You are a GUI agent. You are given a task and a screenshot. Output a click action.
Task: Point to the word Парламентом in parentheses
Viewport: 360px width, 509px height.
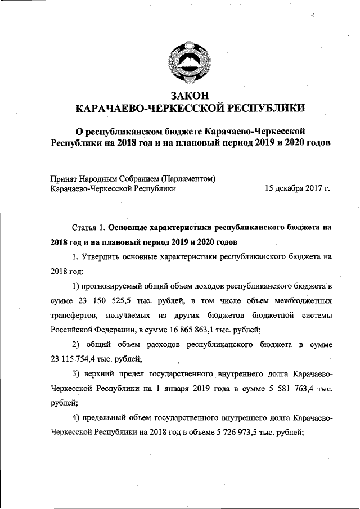[x=188, y=179]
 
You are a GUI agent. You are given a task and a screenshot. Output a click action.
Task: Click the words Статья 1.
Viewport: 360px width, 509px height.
[x=89, y=228]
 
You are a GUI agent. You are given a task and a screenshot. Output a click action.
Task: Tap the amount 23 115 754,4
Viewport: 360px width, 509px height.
[x=75, y=358]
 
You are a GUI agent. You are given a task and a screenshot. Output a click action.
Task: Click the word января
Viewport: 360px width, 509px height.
[x=175, y=388]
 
